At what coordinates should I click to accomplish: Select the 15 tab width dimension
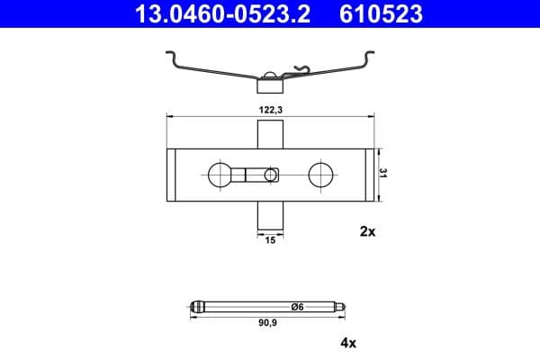coord(270,239)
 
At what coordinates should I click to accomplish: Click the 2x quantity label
coord(366,231)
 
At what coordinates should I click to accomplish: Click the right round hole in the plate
coord(321,174)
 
